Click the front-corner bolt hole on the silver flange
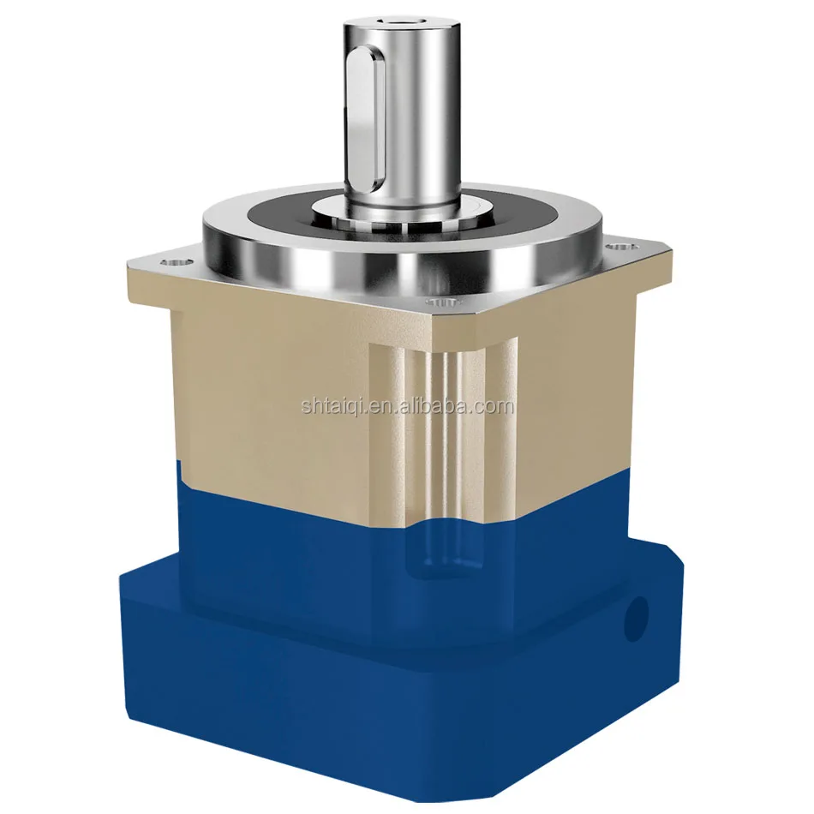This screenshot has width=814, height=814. coord(440,302)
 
